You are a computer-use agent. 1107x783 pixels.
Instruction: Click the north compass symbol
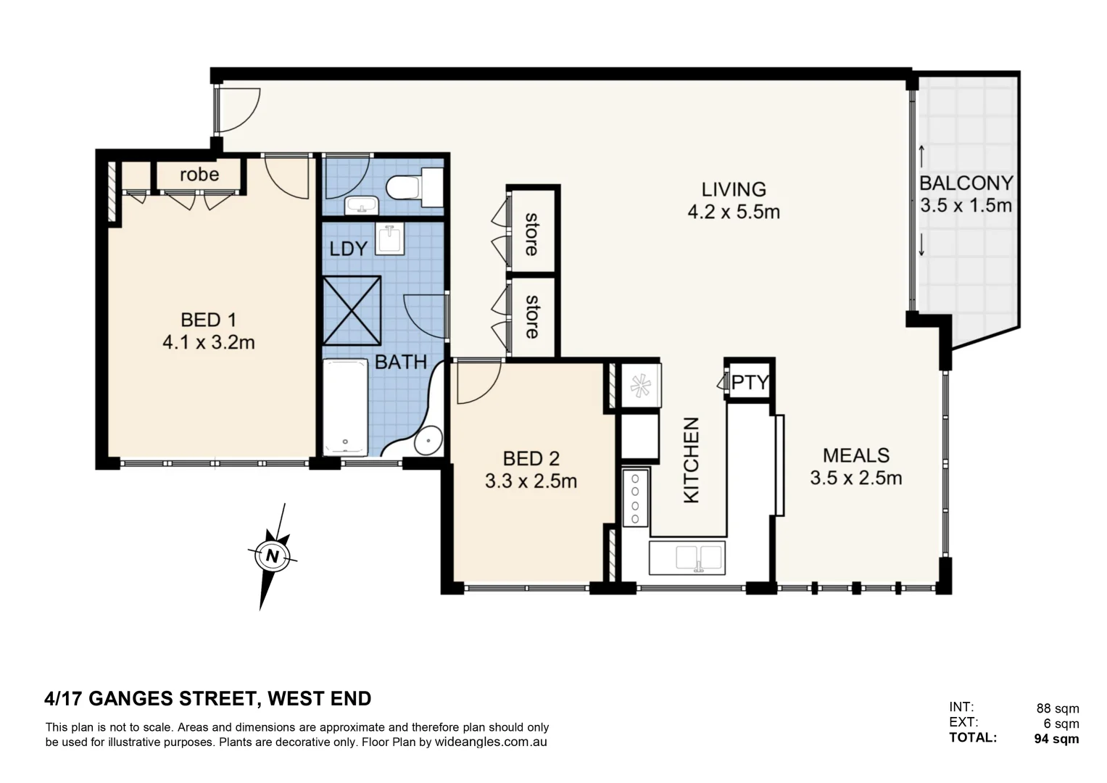click(x=272, y=556)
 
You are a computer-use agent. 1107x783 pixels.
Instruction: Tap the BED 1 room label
click(x=208, y=320)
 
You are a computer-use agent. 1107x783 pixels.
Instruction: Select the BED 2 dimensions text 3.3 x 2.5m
click(x=531, y=481)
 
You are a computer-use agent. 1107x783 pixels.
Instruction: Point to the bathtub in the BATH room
click(x=346, y=407)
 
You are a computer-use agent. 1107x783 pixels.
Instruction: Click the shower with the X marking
click(x=352, y=310)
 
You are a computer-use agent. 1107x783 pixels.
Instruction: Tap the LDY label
click(x=348, y=249)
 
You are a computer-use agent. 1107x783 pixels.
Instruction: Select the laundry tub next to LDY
click(x=390, y=239)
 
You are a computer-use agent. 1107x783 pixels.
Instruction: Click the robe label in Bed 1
click(x=199, y=175)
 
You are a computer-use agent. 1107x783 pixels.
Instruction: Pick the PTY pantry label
click(x=750, y=382)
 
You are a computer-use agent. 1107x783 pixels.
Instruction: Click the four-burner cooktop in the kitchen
click(x=635, y=498)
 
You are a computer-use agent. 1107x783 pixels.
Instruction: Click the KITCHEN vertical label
click(x=692, y=460)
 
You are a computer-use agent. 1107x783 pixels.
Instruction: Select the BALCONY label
click(x=966, y=183)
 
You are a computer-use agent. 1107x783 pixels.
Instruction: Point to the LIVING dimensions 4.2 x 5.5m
click(x=733, y=212)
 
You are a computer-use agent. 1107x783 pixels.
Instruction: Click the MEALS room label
click(x=856, y=456)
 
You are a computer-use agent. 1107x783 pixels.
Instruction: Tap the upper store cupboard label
click(x=531, y=233)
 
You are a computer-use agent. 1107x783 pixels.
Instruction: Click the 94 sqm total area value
click(x=1056, y=739)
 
